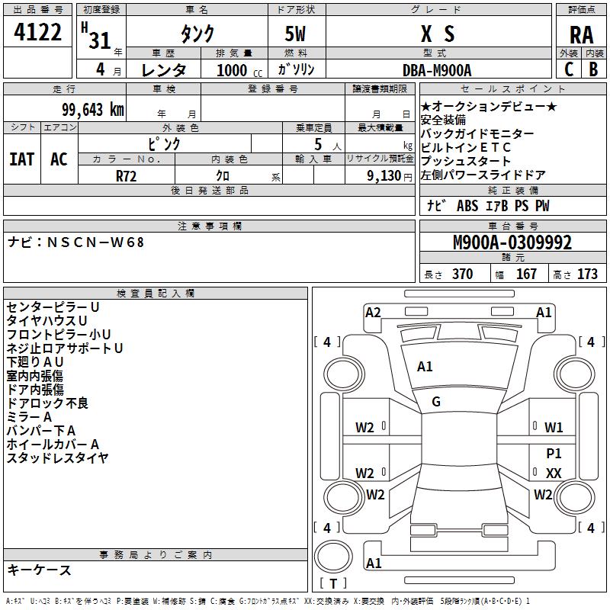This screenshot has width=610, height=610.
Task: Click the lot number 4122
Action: tap(37, 32)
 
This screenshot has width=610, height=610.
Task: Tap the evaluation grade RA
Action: tap(581, 35)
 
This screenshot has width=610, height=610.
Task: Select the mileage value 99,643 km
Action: tap(93, 110)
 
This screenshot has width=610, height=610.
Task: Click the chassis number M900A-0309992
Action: tap(512, 242)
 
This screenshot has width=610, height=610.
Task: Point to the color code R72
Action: tap(127, 176)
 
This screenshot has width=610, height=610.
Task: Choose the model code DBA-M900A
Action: tap(437, 70)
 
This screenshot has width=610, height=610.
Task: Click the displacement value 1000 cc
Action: tap(239, 70)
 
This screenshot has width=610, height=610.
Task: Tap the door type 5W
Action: tap(295, 34)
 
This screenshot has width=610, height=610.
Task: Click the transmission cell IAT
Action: tap(22, 159)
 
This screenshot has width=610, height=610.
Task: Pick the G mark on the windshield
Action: tap(436, 402)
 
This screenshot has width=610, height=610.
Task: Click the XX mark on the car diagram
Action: tap(554, 473)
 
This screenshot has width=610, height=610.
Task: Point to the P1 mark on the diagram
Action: tap(554, 453)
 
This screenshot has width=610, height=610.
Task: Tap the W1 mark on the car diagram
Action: tap(554, 428)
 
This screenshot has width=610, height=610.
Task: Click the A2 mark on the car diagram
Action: tap(373, 313)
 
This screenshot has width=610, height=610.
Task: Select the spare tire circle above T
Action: tap(333, 557)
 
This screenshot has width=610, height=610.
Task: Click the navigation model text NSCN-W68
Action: tap(95, 242)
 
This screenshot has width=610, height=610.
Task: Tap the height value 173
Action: tap(587, 274)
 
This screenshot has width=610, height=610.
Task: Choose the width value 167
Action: tap(526, 274)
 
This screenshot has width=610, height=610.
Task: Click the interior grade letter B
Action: tap(593, 69)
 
